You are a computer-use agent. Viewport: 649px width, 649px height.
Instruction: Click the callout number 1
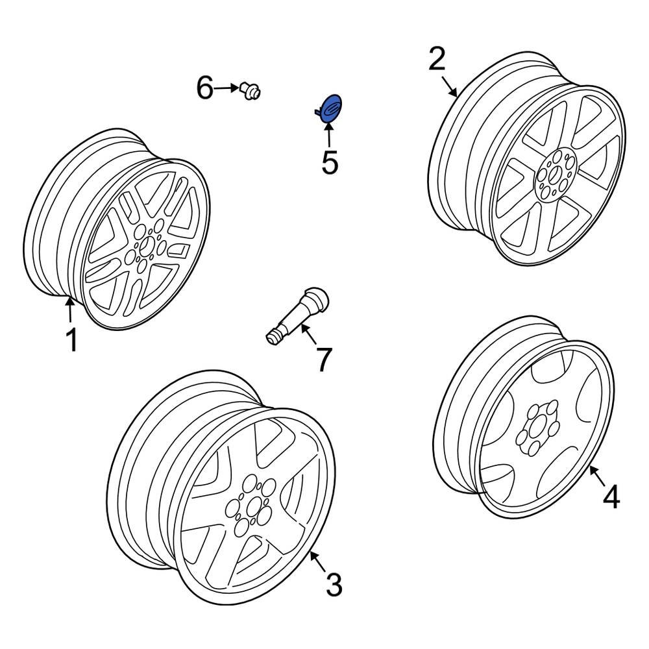71,339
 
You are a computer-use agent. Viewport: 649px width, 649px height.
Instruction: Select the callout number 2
437,60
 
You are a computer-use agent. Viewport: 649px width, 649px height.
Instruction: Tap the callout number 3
333,585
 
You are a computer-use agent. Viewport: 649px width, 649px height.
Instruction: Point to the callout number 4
611,497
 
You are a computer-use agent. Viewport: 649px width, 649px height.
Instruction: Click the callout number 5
330,162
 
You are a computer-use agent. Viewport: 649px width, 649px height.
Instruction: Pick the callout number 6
205,88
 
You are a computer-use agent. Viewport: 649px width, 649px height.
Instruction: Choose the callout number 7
323,360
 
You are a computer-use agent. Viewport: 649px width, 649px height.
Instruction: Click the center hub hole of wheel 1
147,246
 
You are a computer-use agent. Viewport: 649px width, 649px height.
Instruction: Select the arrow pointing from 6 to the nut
227,88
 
